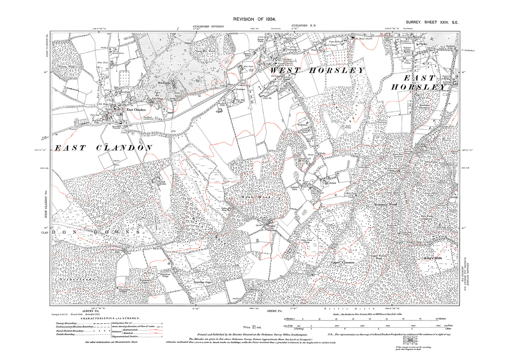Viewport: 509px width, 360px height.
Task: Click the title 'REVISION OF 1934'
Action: point(254,19)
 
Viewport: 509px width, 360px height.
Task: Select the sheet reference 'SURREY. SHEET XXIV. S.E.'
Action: point(432,23)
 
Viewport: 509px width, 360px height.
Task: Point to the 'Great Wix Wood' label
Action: point(205,51)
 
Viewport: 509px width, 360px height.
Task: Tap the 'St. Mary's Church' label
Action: point(364,39)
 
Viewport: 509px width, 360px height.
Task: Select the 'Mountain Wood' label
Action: point(385,204)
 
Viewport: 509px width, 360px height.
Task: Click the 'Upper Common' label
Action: point(342,262)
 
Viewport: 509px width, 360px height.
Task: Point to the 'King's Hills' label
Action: point(433,258)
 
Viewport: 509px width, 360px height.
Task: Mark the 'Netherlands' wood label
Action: point(75,279)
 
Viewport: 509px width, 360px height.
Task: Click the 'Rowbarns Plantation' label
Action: point(424,106)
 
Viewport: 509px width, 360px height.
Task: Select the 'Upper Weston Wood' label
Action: point(379,257)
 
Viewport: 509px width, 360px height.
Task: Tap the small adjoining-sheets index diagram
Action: point(412,341)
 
